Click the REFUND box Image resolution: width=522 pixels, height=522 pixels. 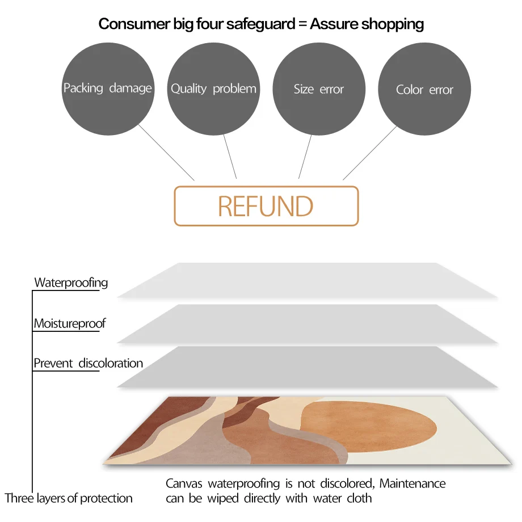[266, 206]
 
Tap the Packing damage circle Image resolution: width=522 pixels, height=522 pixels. [108, 89]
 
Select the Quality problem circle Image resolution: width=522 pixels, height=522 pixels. [213, 89]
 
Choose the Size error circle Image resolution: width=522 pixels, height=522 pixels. [319, 89]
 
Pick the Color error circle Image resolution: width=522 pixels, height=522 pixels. [424, 90]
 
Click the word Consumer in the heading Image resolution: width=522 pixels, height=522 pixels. [127, 24]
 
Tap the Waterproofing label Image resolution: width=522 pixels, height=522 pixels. [71, 283]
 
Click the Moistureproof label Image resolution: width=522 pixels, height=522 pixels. [70, 324]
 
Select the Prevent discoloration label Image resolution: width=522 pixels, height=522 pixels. [88, 363]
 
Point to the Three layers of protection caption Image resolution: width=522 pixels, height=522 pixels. [69, 499]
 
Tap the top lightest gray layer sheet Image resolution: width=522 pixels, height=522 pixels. [306, 280]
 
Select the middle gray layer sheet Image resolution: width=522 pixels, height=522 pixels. [306, 323]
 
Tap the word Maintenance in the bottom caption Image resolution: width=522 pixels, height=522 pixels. [412, 484]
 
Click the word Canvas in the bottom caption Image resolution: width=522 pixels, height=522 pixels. [184, 484]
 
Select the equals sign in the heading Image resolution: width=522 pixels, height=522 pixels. [301, 24]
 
